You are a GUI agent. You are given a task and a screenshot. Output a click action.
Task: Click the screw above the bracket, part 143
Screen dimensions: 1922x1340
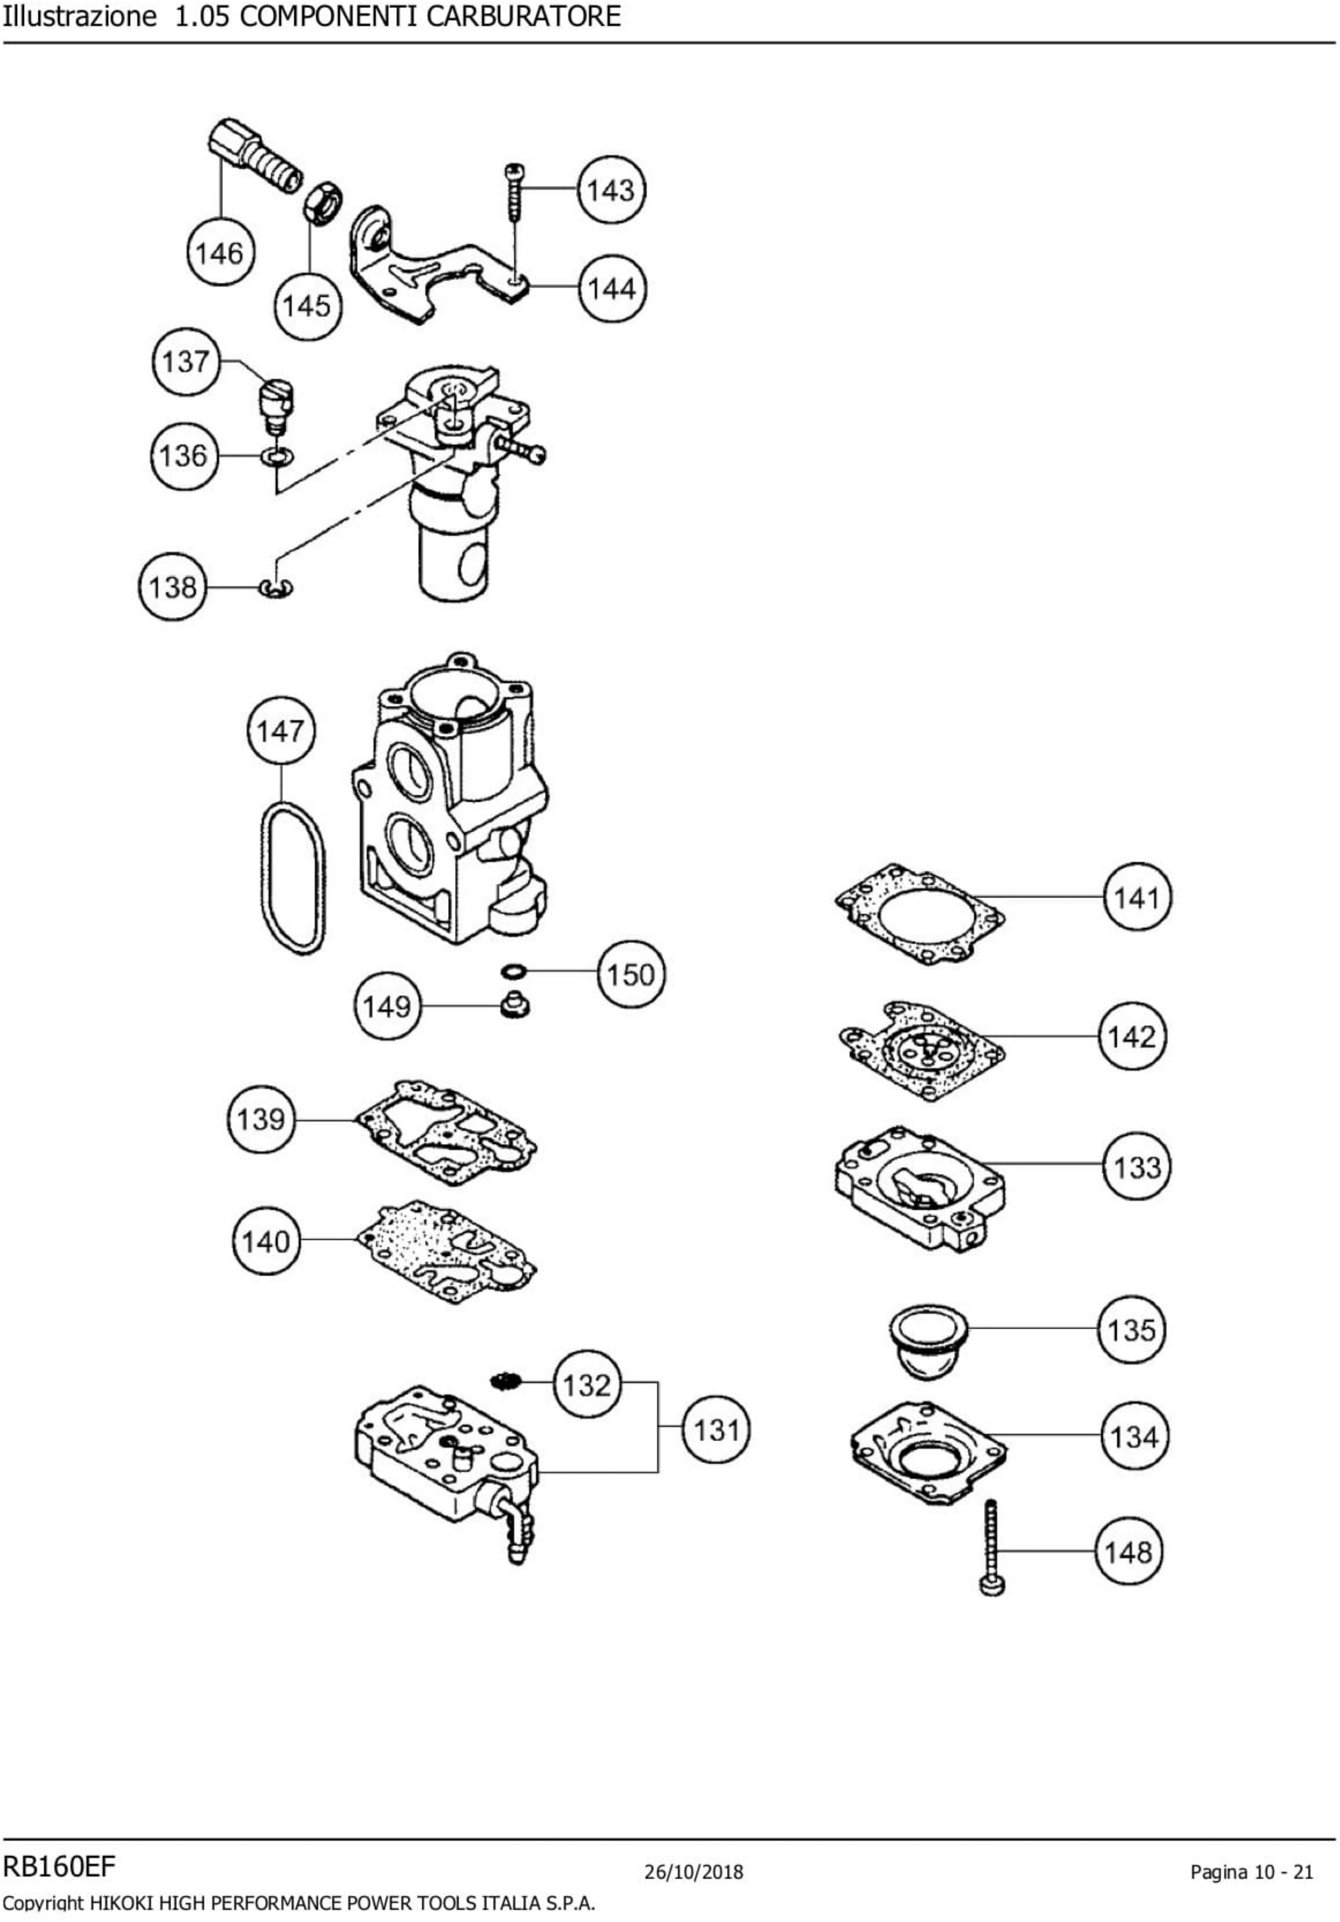[513, 192]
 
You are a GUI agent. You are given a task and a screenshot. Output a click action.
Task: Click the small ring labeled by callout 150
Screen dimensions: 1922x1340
[513, 971]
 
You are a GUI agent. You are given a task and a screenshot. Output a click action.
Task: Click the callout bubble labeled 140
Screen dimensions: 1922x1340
[265, 1241]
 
